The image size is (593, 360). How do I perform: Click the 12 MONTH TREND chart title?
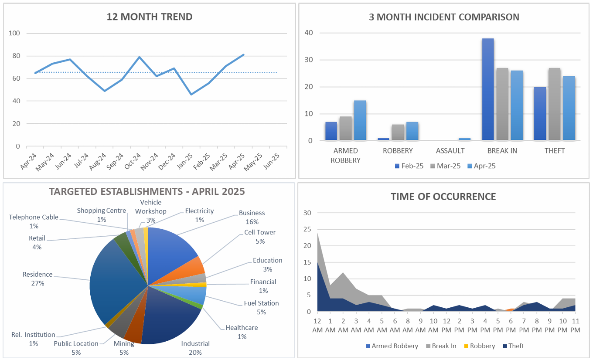click(150, 17)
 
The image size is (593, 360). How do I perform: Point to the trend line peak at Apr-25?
click(243, 55)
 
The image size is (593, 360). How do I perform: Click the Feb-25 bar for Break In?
click(488, 89)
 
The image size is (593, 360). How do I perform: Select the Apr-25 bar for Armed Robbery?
click(360, 120)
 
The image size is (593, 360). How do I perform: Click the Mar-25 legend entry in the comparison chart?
click(446, 166)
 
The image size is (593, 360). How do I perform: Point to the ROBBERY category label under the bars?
click(398, 151)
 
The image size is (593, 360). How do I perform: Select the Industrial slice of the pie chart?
click(170, 318)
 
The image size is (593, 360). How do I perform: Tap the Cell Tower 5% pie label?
click(260, 237)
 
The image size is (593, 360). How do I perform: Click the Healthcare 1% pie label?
click(242, 332)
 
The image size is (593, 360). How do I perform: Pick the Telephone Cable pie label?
click(34, 221)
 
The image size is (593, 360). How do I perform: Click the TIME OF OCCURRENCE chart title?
click(443, 197)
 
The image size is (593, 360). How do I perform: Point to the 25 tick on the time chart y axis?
click(307, 229)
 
